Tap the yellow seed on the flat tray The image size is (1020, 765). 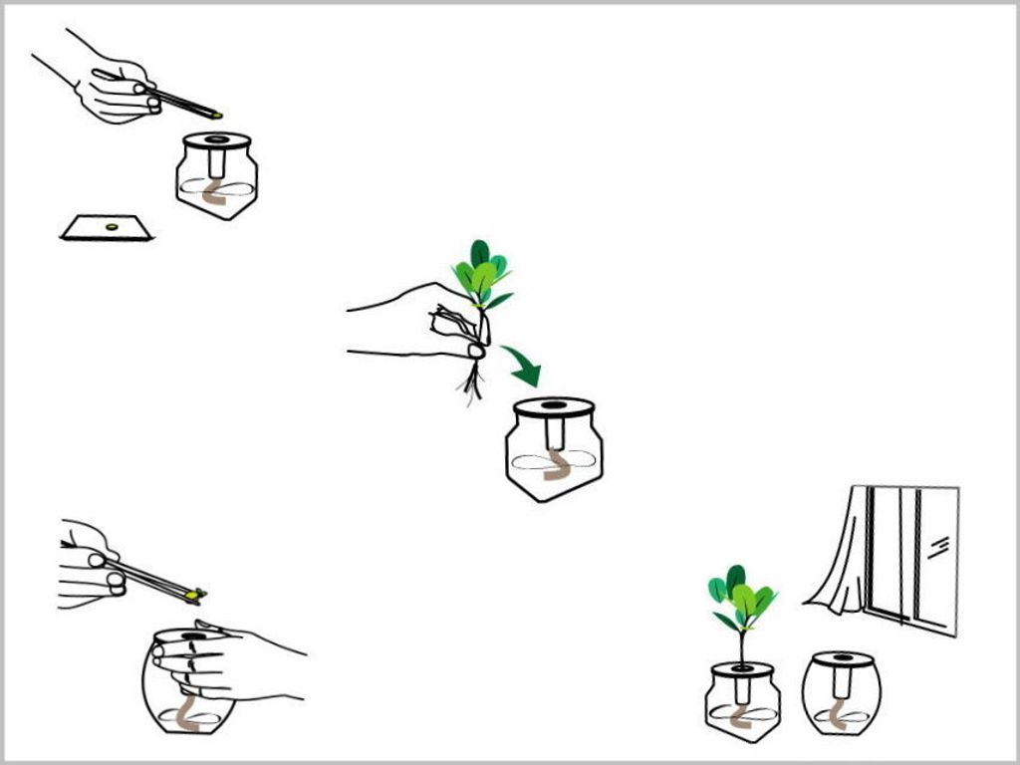[112, 228]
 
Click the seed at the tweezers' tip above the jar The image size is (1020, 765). [215, 115]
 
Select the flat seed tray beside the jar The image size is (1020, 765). [107, 229]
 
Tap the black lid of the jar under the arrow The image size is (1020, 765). [554, 407]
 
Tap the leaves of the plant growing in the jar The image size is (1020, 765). [741, 597]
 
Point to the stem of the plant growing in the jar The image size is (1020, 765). [741, 647]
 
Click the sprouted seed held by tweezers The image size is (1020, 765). [196, 596]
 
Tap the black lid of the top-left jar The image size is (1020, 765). [217, 140]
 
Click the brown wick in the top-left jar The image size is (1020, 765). [214, 194]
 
